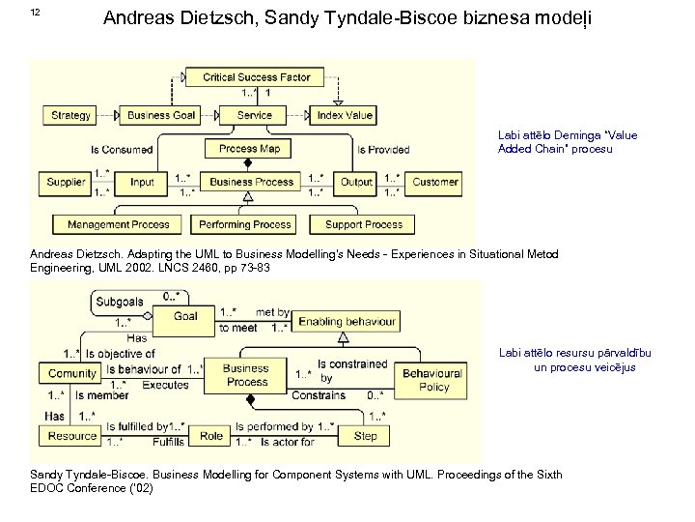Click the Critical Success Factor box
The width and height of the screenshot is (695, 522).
(x=256, y=76)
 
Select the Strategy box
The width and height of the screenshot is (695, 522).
(x=70, y=115)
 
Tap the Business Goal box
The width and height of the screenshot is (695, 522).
(x=161, y=115)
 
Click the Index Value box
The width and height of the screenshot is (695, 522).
(x=345, y=115)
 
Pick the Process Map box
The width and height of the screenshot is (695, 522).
(x=251, y=149)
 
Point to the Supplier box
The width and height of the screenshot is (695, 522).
(x=67, y=182)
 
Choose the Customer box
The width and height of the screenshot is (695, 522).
(x=435, y=182)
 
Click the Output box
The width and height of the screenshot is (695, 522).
(x=357, y=182)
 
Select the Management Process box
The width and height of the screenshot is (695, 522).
(x=118, y=224)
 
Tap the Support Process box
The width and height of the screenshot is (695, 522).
(x=364, y=224)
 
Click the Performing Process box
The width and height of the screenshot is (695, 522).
(x=245, y=224)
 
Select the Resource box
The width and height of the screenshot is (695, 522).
(x=72, y=436)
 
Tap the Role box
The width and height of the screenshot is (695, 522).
(x=212, y=436)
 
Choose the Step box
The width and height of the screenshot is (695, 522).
(x=366, y=436)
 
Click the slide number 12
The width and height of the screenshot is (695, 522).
(x=36, y=12)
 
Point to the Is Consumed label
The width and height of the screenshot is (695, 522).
(x=122, y=150)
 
